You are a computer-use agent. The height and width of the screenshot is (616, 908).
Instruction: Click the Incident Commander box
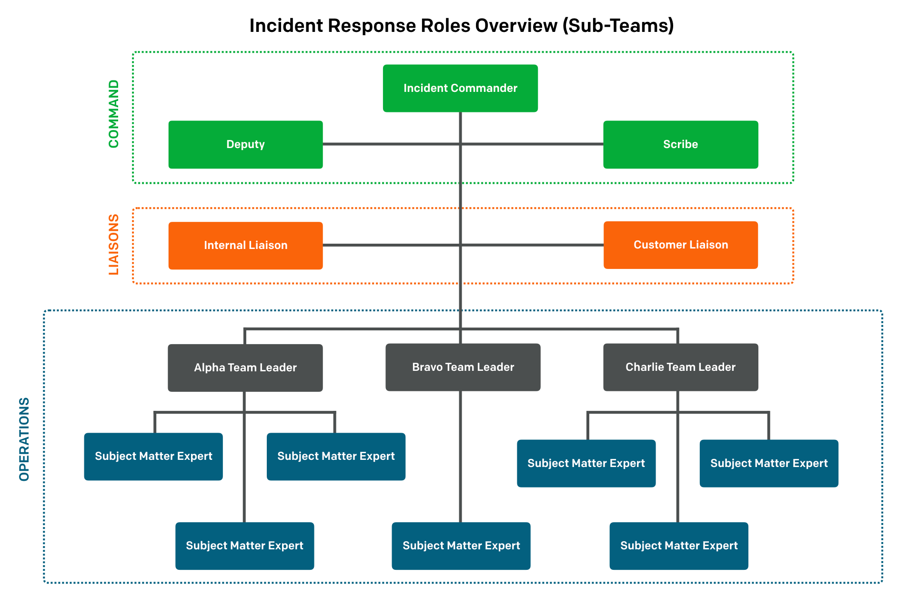click(460, 89)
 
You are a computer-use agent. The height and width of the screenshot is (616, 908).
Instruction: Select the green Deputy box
click(245, 145)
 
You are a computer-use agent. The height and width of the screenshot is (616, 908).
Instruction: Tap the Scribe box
click(680, 145)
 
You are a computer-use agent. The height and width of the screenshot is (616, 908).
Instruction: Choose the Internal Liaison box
click(245, 246)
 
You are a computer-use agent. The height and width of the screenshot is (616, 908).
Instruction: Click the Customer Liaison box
click(680, 245)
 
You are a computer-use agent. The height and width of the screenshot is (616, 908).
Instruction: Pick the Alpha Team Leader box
click(245, 368)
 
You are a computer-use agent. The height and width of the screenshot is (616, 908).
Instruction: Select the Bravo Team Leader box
click(463, 367)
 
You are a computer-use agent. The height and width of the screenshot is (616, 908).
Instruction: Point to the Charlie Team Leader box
click(680, 367)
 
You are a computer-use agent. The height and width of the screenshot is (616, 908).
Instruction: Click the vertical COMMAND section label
click(113, 114)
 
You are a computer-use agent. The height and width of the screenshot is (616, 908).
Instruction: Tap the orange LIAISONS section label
click(113, 244)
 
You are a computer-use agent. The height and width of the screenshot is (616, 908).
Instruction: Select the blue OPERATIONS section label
click(24, 439)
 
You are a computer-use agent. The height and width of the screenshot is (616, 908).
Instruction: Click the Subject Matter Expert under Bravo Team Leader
click(461, 546)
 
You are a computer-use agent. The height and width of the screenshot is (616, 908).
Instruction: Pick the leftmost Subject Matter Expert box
click(153, 457)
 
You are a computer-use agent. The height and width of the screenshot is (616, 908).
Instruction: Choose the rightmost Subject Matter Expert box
click(768, 463)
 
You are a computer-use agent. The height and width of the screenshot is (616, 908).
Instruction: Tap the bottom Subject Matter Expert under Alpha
click(244, 546)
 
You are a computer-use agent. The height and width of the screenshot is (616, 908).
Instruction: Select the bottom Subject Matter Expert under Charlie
click(678, 546)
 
